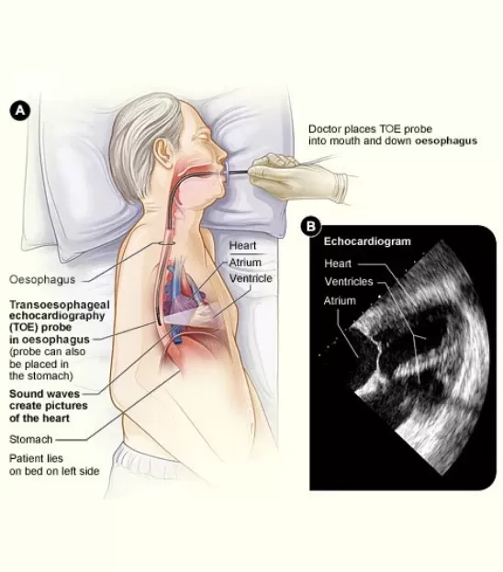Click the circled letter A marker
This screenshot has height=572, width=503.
(x=19, y=110)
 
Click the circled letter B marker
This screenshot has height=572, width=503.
(x=310, y=227)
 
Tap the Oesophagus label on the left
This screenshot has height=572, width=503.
(x=42, y=279)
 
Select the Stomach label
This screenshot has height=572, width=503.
(x=30, y=439)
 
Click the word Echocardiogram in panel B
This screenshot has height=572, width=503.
(x=367, y=241)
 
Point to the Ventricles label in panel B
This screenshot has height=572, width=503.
(x=349, y=282)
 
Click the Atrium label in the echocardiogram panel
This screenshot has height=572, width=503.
(x=340, y=300)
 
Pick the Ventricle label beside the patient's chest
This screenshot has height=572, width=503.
(x=251, y=278)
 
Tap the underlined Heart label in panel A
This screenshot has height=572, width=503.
(x=242, y=245)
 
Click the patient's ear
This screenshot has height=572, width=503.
(x=163, y=152)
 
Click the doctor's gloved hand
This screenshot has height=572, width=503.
(x=297, y=178)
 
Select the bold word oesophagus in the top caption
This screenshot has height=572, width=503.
(x=446, y=140)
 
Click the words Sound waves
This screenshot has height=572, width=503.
(x=44, y=394)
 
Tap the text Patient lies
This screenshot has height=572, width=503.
(x=36, y=458)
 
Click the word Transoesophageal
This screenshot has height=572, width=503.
(x=59, y=305)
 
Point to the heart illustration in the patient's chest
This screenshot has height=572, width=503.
(x=186, y=296)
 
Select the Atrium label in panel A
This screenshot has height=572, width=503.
(x=245, y=263)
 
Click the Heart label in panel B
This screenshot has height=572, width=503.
(x=338, y=264)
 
